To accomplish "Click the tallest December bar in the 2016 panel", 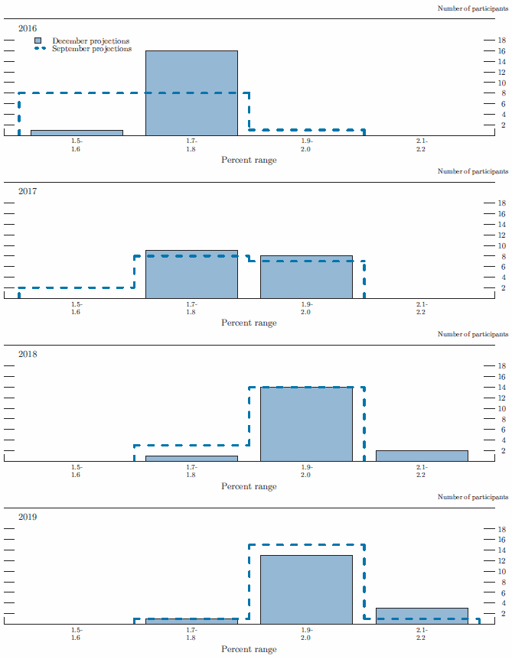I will [191, 93].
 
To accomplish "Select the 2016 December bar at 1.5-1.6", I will [77, 132].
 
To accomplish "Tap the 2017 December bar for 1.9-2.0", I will [306, 277].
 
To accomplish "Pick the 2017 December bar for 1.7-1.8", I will [191, 274].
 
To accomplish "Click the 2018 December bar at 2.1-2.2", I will [422, 456].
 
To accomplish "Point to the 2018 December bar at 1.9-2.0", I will [306, 424].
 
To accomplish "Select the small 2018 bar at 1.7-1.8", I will [191, 458].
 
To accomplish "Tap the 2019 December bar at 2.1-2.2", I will [422, 615].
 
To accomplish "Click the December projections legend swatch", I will [38, 41].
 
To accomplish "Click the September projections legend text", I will [92, 49].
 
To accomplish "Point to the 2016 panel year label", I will [28, 28].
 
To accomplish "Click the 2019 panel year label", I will [28, 518].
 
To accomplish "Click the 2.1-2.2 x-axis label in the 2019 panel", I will [422, 633].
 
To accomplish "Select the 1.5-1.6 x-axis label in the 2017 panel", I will [77, 308].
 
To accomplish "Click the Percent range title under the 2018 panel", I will [249, 486].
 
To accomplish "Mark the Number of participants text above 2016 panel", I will [472, 8].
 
